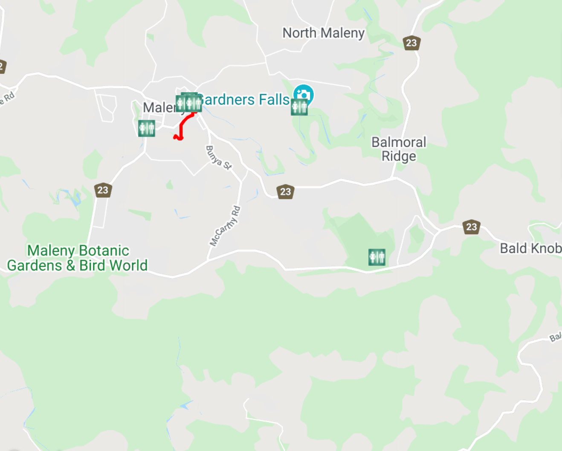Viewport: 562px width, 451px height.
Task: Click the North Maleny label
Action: (x=323, y=33)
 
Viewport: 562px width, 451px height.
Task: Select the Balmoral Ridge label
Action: (x=399, y=149)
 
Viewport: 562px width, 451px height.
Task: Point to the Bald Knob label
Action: (x=530, y=248)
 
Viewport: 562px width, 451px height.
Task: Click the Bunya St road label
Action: (x=218, y=158)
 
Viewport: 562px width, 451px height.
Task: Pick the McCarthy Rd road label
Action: (x=225, y=226)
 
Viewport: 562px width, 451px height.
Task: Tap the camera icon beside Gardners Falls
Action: (x=304, y=94)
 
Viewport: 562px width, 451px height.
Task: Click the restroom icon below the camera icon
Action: (x=299, y=107)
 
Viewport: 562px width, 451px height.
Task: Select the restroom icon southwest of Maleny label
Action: (x=146, y=128)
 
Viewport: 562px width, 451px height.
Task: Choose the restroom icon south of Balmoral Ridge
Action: (x=377, y=257)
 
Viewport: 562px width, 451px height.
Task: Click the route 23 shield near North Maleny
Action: (x=411, y=43)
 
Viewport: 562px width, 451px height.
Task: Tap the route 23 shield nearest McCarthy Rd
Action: (x=285, y=192)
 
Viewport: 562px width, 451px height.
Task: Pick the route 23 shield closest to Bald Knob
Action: (x=471, y=227)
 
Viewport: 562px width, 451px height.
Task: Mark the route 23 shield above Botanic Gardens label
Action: (x=103, y=190)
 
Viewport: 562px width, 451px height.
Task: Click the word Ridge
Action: (x=399, y=157)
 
